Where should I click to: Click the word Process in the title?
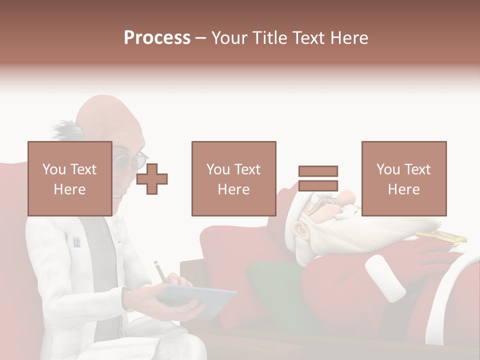157,38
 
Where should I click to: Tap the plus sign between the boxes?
152,179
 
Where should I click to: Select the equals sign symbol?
318,178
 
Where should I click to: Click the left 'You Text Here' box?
69,178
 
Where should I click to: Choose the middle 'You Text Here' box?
233,178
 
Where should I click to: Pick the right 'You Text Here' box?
403,178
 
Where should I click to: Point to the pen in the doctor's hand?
160,270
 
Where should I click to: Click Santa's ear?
299,229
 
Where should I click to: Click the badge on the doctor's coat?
76,242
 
